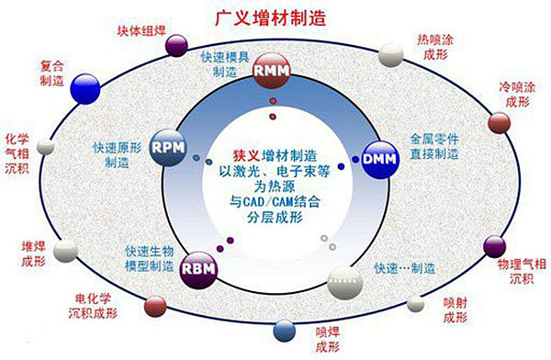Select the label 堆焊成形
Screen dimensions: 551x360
tap(31, 253)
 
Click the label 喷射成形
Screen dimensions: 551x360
tap(455, 310)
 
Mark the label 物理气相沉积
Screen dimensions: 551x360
tap(521, 271)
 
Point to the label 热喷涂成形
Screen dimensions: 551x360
tap(435, 49)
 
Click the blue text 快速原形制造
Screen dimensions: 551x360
tap(118, 153)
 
